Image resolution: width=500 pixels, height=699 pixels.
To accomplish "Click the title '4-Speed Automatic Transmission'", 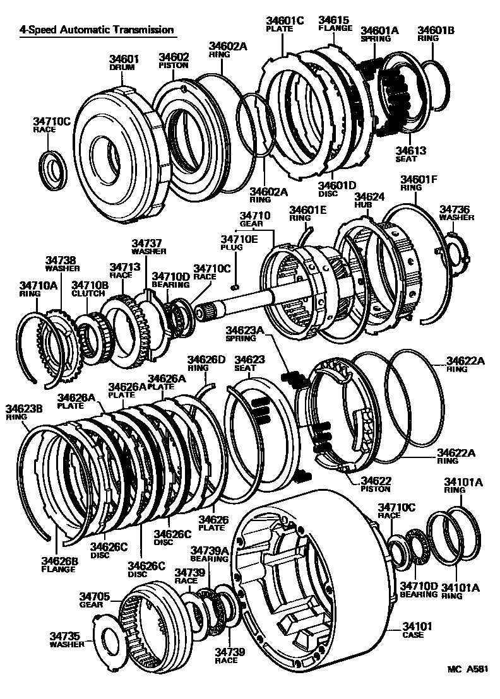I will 96,30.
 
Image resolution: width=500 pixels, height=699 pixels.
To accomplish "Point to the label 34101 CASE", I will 417,631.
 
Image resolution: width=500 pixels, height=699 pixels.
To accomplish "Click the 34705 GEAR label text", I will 94,599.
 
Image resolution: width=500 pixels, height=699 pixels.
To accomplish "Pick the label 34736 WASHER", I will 456,213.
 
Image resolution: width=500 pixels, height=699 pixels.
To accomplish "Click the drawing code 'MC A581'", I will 468,671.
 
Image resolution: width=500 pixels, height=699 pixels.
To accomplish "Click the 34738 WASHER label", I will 61,262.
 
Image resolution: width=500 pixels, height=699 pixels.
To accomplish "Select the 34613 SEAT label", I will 411,155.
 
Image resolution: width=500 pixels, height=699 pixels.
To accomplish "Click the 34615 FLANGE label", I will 335,24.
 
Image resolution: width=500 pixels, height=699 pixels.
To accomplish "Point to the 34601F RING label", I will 419,183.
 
